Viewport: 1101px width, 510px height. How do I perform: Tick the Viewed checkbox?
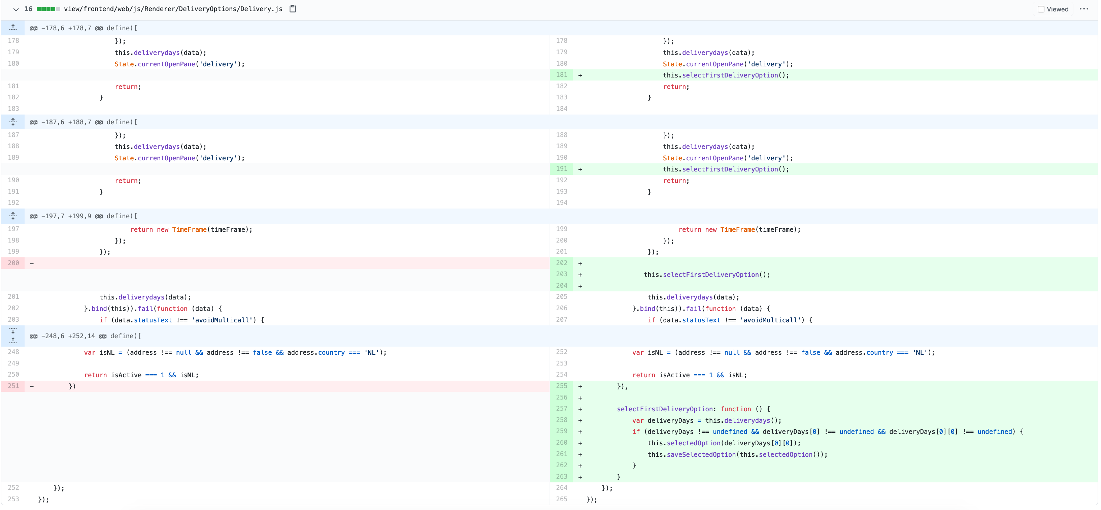(x=1041, y=9)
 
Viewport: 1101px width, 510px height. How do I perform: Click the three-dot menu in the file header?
(x=1083, y=9)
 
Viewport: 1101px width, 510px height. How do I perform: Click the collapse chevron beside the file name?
(x=16, y=9)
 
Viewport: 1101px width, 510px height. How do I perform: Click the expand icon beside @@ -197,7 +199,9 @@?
(x=13, y=216)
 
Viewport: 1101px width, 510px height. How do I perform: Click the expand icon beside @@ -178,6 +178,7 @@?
(x=13, y=28)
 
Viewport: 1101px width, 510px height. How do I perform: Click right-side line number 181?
(x=561, y=75)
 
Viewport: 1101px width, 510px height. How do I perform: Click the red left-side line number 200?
(x=13, y=263)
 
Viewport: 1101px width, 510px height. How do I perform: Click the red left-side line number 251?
(x=13, y=386)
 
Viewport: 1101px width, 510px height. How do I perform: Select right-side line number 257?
(x=561, y=409)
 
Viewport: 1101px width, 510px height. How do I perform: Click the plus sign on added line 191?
(x=580, y=169)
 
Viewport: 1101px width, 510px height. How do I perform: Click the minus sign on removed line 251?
(x=32, y=386)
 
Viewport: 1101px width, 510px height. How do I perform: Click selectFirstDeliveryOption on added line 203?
(x=710, y=275)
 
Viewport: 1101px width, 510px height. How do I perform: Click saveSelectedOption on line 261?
(x=701, y=454)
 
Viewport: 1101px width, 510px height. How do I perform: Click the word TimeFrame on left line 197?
(x=189, y=229)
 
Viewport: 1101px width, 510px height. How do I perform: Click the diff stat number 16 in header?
(x=28, y=9)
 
